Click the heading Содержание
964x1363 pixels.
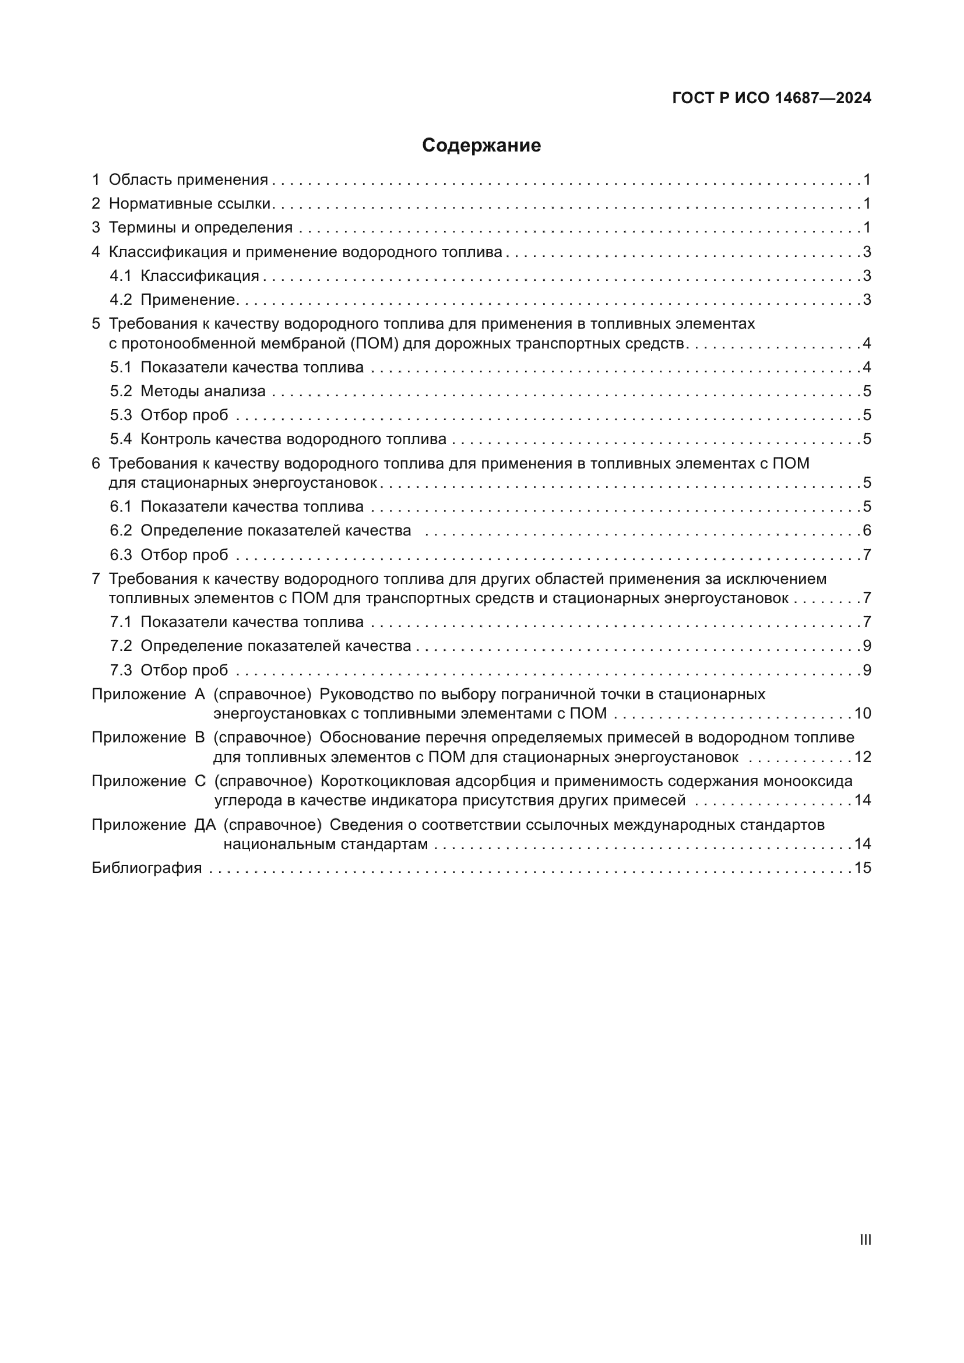pyautogui.click(x=481, y=146)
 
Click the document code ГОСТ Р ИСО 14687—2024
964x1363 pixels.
pyautogui.click(x=771, y=98)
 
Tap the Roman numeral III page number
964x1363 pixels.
pyautogui.click(x=866, y=1239)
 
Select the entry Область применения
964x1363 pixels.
pyautogui.click(x=188, y=180)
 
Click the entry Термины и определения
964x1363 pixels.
pyautogui.click(x=200, y=228)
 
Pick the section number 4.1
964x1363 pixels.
pyautogui.click(x=121, y=276)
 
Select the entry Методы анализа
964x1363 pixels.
pyautogui.click(x=203, y=391)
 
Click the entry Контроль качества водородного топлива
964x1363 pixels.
pyautogui.click(x=293, y=439)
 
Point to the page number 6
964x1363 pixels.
pyautogui.click(x=867, y=531)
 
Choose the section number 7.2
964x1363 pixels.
pyautogui.click(x=121, y=646)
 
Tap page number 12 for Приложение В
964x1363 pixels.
pyautogui.click(x=862, y=758)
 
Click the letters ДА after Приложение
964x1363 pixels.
pyautogui.click(x=205, y=825)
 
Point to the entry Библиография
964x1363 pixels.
pyautogui.click(x=147, y=868)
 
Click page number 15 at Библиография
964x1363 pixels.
pyautogui.click(x=862, y=868)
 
